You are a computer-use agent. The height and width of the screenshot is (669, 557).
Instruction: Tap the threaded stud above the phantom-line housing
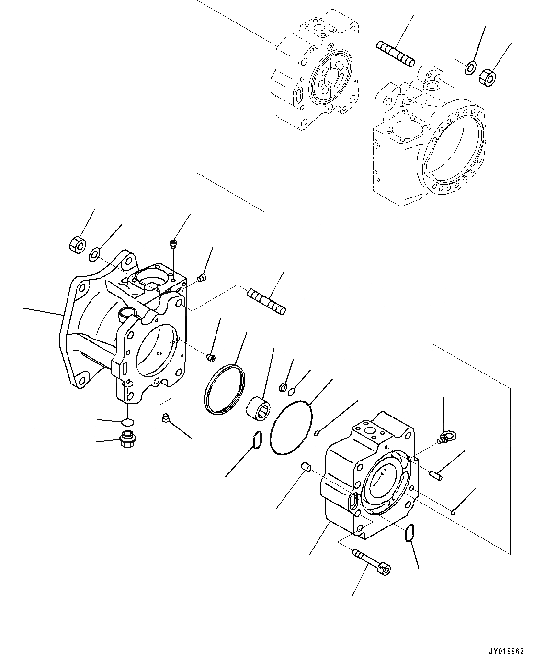[x=395, y=53]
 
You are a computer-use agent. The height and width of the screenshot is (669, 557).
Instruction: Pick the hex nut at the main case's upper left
[x=77, y=244]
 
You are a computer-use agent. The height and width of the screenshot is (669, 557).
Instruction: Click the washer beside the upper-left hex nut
[x=94, y=253]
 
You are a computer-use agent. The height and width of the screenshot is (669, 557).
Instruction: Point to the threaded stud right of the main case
[x=266, y=301]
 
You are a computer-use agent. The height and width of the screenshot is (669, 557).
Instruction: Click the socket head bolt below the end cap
[x=372, y=561]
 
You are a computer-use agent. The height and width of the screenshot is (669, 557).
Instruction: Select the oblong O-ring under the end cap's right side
[x=409, y=533]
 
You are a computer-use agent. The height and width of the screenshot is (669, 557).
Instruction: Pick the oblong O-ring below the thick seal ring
[x=257, y=440]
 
